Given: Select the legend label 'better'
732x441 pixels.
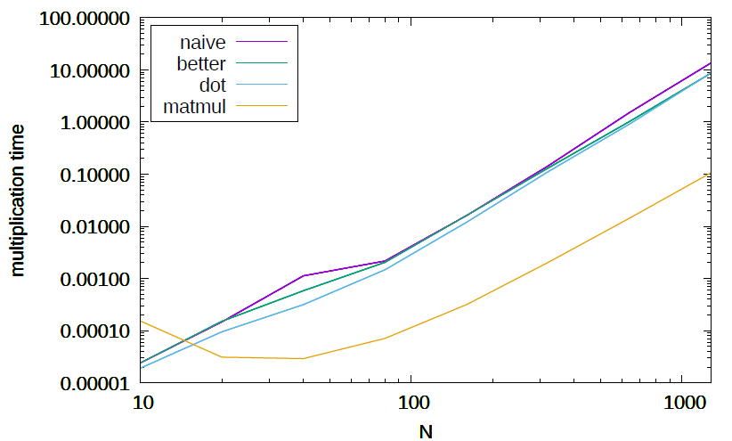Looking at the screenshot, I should click(202, 63).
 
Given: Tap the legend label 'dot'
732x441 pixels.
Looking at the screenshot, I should click(213, 86).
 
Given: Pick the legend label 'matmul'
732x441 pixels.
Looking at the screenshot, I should click(196, 108).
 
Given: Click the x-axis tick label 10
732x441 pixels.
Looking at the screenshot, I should click(142, 404).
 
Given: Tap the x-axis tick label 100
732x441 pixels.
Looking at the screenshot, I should click(411, 404).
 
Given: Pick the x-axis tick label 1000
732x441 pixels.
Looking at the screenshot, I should click(681, 404).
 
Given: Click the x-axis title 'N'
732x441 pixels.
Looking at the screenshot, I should click(426, 429).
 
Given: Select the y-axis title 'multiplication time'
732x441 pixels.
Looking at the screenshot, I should click(18, 200).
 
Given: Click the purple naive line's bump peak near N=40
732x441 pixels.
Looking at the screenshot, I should click(304, 275).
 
